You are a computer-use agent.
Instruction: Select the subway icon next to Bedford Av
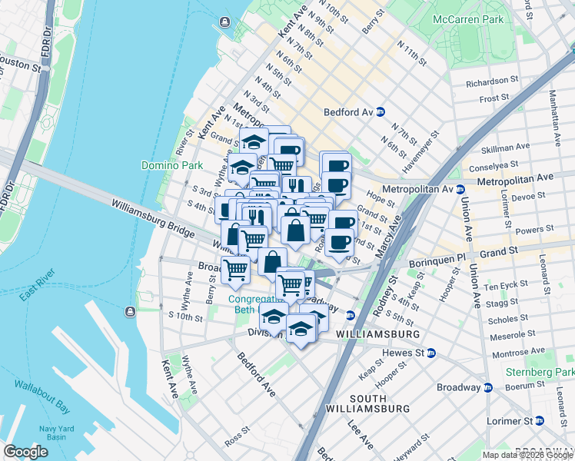coord(381,111)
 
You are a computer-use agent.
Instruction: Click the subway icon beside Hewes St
coord(431,353)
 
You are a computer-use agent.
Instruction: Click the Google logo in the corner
coord(26,452)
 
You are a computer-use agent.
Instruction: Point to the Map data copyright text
coord(527,455)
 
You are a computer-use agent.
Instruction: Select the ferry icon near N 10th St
coord(225,22)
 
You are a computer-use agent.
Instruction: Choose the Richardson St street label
coord(492,81)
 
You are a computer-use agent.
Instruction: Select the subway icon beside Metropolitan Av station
coord(460,189)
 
